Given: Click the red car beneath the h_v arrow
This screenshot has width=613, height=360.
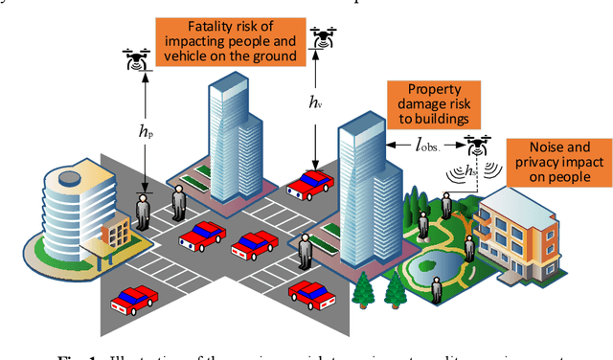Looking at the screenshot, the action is [308, 184].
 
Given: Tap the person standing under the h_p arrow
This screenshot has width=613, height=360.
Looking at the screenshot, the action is [144, 211].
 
